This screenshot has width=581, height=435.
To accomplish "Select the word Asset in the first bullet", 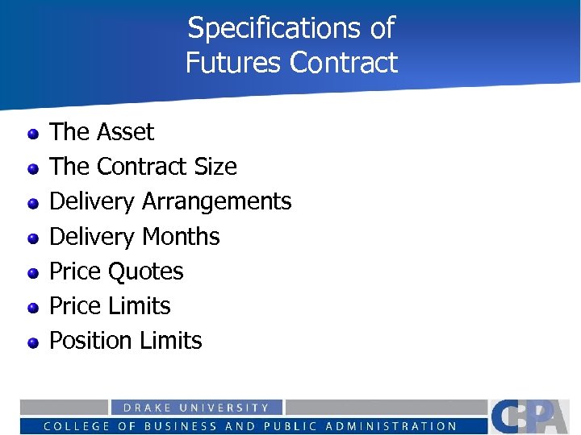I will (125, 131).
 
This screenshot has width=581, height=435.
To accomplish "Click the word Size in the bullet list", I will (215, 166).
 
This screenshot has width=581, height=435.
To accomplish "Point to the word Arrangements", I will (216, 201).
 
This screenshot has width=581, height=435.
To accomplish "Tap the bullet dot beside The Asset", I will (33, 133).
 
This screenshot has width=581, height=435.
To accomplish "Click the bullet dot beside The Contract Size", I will (33, 168).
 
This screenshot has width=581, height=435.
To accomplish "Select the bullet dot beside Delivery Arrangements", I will (33, 203).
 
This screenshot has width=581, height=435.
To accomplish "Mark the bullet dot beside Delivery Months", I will (33, 238).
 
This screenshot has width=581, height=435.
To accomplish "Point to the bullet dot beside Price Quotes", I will (33, 273).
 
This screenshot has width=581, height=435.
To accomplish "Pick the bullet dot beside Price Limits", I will (33, 308).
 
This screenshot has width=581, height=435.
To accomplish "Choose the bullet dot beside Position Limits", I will (33, 342).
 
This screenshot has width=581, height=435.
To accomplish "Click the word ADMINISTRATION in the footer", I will (398, 426).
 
